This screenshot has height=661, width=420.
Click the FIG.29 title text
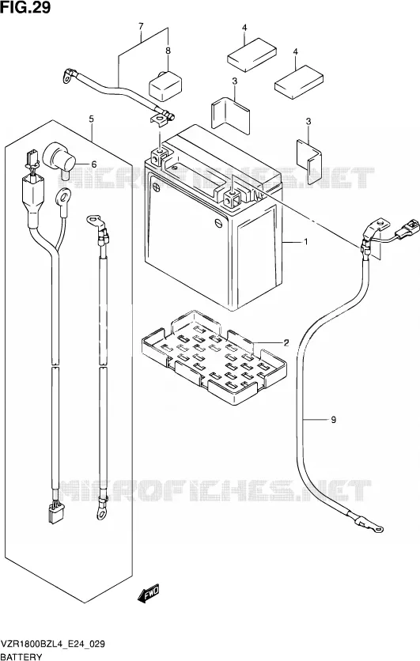(x=25, y=7)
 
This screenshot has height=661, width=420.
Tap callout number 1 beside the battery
(x=305, y=242)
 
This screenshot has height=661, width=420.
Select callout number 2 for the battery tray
(x=286, y=342)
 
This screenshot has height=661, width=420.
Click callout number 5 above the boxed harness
(x=92, y=119)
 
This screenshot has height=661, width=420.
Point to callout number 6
(x=93, y=164)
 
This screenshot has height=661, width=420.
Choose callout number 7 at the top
(x=141, y=27)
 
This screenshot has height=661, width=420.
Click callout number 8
(x=168, y=51)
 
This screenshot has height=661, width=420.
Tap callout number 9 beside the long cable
(x=333, y=419)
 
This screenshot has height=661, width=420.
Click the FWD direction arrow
(x=148, y=594)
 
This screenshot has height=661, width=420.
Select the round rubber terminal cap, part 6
(x=59, y=159)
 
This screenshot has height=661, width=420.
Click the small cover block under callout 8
(x=165, y=86)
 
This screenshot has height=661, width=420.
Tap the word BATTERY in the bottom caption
(x=21, y=656)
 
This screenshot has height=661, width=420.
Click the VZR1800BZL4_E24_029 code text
(x=53, y=644)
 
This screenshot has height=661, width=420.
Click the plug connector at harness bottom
(x=55, y=512)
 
